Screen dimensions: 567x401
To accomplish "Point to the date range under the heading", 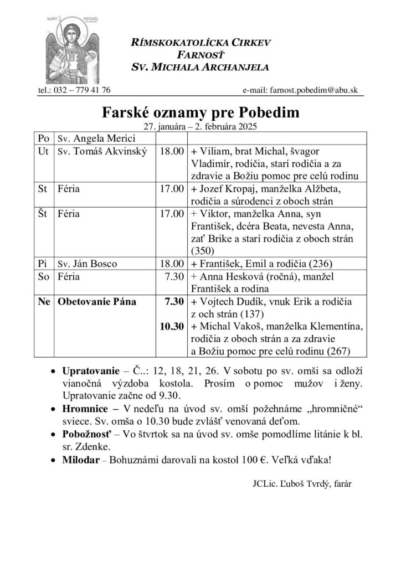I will (x=200, y=126).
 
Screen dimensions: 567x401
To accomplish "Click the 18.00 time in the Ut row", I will (x=170, y=151).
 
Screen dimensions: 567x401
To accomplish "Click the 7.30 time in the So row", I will (x=173, y=276).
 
